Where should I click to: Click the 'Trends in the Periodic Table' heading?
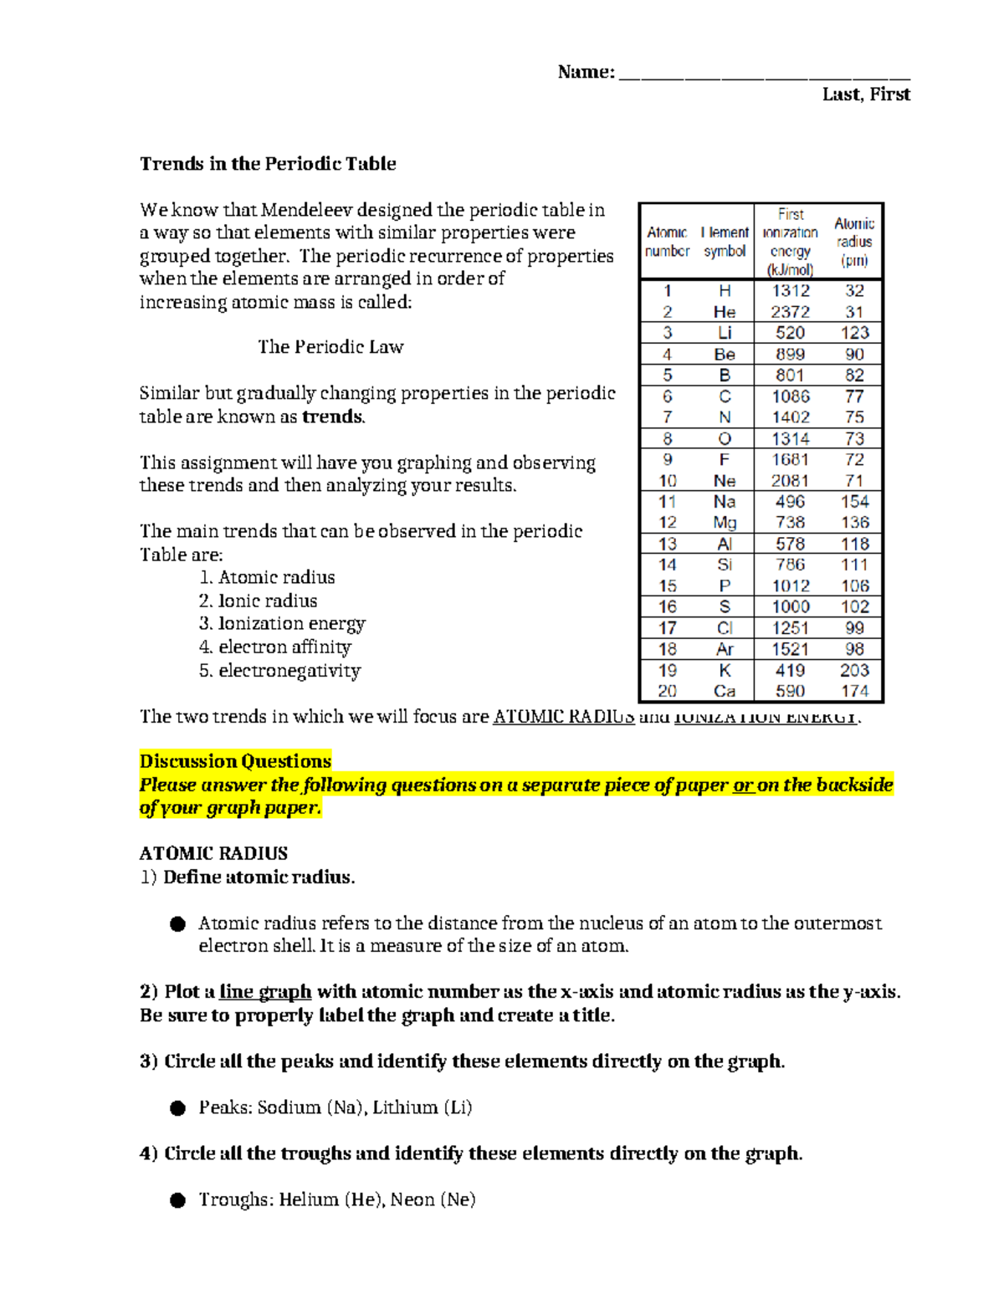coord(268,164)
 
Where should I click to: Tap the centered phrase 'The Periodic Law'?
coord(330,347)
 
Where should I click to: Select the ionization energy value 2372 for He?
coord(790,312)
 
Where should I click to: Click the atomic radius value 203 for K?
coord(854,670)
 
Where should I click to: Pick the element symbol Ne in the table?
coord(725,481)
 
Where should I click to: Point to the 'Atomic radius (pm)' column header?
coord(854,242)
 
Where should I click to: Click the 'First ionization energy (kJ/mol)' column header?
coord(790,242)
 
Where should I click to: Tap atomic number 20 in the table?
coord(667,691)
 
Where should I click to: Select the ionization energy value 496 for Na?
coord(790,502)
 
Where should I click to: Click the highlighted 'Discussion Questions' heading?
coord(235,761)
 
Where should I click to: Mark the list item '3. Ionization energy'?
coord(282,624)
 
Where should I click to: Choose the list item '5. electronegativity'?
coord(280,671)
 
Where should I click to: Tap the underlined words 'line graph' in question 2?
coord(265,992)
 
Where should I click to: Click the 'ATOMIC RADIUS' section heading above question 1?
coord(213,854)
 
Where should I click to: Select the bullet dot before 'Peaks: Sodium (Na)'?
coord(177,1108)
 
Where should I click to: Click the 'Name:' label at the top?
coord(586,73)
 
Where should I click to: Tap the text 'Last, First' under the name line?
coord(866,95)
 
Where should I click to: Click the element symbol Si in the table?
coord(725,565)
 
